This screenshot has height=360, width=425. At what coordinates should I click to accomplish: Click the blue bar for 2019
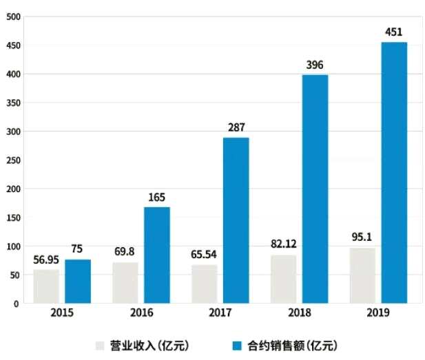(393, 172)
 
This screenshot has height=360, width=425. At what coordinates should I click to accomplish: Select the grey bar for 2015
(46, 286)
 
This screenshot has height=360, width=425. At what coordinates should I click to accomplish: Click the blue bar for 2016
(156, 255)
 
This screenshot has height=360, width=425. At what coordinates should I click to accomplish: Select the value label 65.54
(205, 254)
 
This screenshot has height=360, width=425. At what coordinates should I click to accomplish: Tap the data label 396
(314, 65)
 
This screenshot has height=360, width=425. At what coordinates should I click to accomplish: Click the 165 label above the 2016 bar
(156, 198)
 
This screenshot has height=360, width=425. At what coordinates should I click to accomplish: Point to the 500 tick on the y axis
(12, 17)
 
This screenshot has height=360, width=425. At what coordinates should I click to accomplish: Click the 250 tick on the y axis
(12, 160)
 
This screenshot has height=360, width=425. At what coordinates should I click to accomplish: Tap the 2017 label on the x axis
(220, 314)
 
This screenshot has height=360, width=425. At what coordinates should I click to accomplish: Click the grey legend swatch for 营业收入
(100, 345)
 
